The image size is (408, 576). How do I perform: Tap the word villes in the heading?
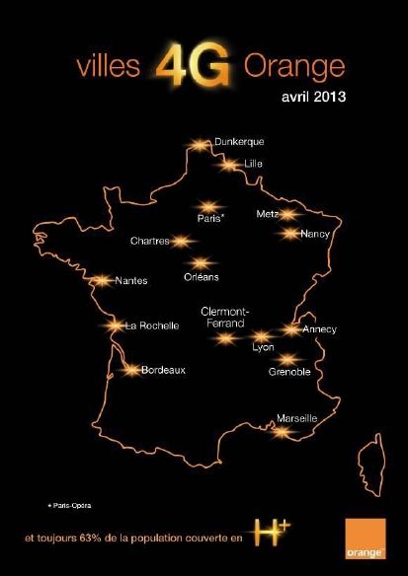(x=110, y=68)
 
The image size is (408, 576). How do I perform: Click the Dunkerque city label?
(x=239, y=143)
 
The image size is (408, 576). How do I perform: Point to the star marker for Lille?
(x=230, y=166)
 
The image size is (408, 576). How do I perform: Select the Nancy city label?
(x=314, y=234)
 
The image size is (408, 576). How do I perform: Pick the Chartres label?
(x=149, y=241)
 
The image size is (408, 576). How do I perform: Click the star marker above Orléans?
(x=203, y=262)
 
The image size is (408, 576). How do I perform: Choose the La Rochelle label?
(x=151, y=325)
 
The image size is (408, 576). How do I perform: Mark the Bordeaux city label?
(x=163, y=371)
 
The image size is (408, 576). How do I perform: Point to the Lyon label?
(x=263, y=348)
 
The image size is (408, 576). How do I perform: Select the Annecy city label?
(x=319, y=328)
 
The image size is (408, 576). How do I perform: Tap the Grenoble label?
(x=289, y=372)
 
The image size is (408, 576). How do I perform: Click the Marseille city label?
(x=296, y=419)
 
